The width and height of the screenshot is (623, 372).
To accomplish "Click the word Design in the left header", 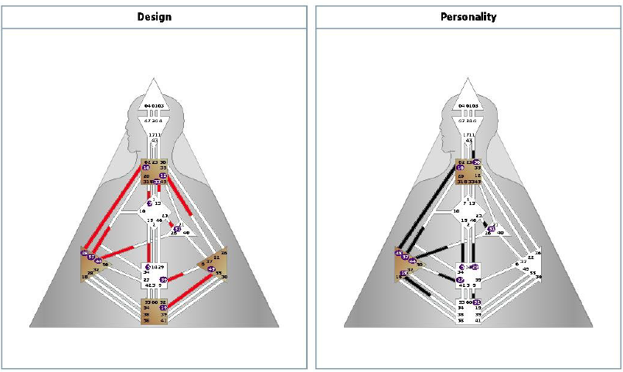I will (x=155, y=15).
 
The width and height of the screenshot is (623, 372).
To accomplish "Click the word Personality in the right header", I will (x=468, y=15).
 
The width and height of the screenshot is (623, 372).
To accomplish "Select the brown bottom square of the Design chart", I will (x=155, y=310).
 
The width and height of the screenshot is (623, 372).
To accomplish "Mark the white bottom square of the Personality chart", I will (x=468, y=310).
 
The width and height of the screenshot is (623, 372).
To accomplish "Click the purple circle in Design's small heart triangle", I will (x=178, y=229).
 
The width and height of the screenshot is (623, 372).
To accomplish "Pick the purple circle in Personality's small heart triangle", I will (x=491, y=229).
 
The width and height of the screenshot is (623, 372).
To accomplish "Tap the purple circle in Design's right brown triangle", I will (x=212, y=269).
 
